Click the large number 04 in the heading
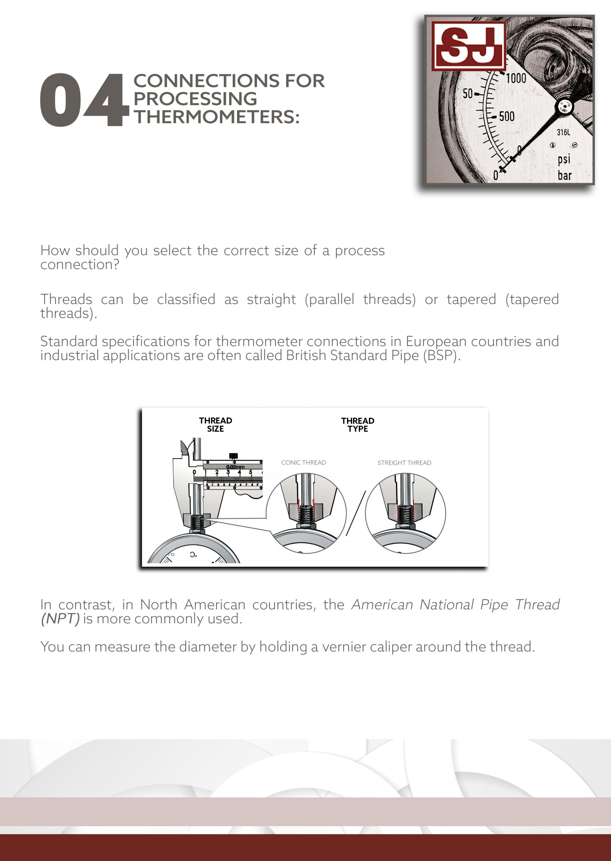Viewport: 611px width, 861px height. [83, 100]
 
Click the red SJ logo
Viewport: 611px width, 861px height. [468, 46]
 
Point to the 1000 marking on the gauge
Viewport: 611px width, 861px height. [515, 79]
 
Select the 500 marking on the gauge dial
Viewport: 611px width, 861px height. [506, 116]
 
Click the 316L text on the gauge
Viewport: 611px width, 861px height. [563, 133]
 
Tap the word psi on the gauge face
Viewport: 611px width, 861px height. [564, 159]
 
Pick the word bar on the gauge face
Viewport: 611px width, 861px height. [564, 175]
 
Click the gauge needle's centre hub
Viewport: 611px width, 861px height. [564, 107]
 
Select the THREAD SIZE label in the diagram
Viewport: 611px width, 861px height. [215, 424]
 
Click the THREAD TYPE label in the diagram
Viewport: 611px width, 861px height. [357, 424]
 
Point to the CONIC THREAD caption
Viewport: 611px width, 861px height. [303, 462]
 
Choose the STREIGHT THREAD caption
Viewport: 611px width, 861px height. [404, 463]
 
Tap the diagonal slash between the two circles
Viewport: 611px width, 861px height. [355, 513]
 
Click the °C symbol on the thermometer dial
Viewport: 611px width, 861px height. [193, 555]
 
